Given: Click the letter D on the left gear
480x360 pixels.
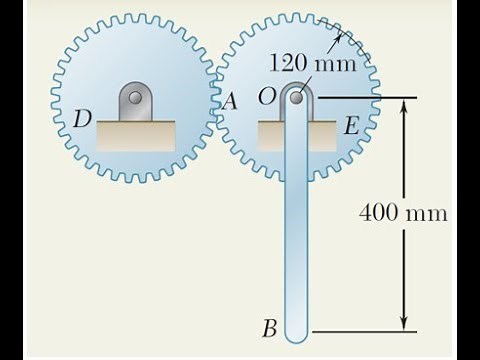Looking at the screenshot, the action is (x=83, y=119).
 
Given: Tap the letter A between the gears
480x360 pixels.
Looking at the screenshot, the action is (x=230, y=100).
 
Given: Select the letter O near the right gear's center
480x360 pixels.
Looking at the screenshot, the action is (x=266, y=97).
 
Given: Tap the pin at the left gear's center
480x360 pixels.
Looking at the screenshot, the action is (x=135, y=99).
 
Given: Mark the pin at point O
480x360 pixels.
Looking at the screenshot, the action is (x=297, y=98).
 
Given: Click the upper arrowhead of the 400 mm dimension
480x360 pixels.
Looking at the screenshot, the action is (x=404, y=105).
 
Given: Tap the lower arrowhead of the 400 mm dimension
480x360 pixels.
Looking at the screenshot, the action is (x=404, y=321).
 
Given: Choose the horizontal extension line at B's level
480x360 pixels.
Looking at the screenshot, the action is (x=360, y=328).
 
